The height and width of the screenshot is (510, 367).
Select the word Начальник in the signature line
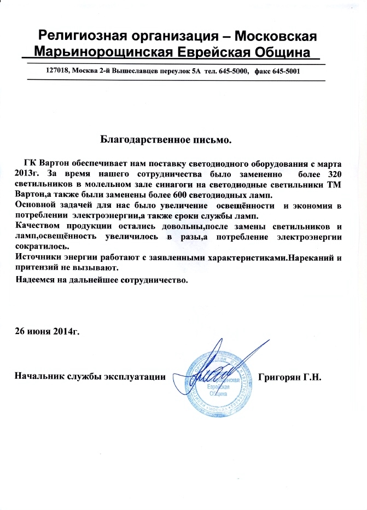click(38, 377)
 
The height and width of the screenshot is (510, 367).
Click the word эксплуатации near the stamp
click(135, 377)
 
